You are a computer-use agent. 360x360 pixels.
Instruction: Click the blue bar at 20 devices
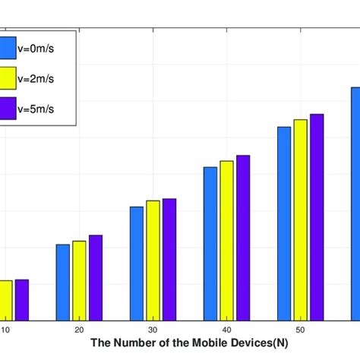click(63, 282)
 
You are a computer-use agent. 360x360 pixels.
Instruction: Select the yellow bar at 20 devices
click(79, 280)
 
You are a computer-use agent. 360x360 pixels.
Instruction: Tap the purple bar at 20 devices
click(95, 277)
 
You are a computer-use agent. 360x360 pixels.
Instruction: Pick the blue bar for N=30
click(137, 263)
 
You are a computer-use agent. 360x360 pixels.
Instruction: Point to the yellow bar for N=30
click(153, 260)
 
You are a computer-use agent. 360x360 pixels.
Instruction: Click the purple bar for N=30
click(169, 259)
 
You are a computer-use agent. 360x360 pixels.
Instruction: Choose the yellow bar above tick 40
click(226, 240)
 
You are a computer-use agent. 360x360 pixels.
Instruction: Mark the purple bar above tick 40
click(243, 237)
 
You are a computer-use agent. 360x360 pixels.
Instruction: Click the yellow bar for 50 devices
click(301, 219)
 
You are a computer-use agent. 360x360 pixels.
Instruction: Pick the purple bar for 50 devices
click(317, 216)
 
